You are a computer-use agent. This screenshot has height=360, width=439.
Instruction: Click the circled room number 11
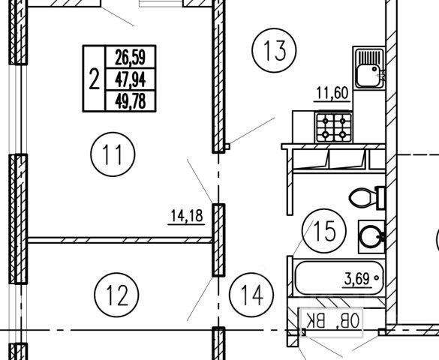[x=113, y=154]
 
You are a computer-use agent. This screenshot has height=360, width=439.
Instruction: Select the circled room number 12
[x=116, y=295]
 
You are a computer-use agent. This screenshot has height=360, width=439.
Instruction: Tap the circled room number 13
[x=274, y=50]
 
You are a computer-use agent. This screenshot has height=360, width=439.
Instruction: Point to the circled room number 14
[x=251, y=295]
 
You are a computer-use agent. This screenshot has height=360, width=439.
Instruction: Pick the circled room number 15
[x=324, y=231]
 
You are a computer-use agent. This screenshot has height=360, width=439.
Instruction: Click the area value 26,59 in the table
[x=130, y=57]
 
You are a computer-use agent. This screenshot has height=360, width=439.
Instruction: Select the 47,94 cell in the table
[x=130, y=79]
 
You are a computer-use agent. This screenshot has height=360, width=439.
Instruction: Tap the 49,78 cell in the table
[x=130, y=101]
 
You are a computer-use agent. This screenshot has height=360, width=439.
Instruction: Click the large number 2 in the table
[x=95, y=79]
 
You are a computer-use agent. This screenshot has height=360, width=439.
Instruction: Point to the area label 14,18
[x=187, y=216]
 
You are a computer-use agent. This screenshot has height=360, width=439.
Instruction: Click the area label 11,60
[x=332, y=93]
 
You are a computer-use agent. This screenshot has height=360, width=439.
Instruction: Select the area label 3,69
[x=356, y=279]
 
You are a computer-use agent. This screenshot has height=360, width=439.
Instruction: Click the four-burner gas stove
[x=333, y=127]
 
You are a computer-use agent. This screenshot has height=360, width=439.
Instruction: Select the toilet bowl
[x=362, y=198]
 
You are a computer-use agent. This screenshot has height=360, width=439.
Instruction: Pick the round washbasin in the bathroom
[x=371, y=237]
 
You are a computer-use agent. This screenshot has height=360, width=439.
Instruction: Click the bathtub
[x=338, y=277]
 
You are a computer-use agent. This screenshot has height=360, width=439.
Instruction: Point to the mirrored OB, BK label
[x=332, y=320]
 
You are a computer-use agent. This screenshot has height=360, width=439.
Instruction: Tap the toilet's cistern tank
[x=380, y=198]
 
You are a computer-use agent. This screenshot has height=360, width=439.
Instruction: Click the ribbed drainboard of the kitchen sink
[x=368, y=57]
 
